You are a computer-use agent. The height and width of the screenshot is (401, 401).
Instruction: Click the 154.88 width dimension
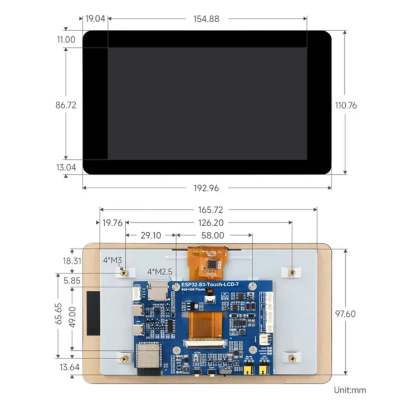(206, 18)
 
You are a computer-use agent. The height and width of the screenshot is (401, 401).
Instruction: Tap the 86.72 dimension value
(66, 105)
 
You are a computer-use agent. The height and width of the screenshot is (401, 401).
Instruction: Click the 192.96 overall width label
(206, 188)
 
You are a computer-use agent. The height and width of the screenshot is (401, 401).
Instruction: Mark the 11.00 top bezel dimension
(66, 40)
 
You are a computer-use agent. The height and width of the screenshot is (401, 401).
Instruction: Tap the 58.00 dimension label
(213, 236)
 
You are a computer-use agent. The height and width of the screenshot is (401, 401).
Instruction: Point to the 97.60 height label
(345, 314)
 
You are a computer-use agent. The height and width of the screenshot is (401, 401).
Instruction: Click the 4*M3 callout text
(112, 260)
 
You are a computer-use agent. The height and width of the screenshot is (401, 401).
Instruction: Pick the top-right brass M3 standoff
(291, 272)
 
